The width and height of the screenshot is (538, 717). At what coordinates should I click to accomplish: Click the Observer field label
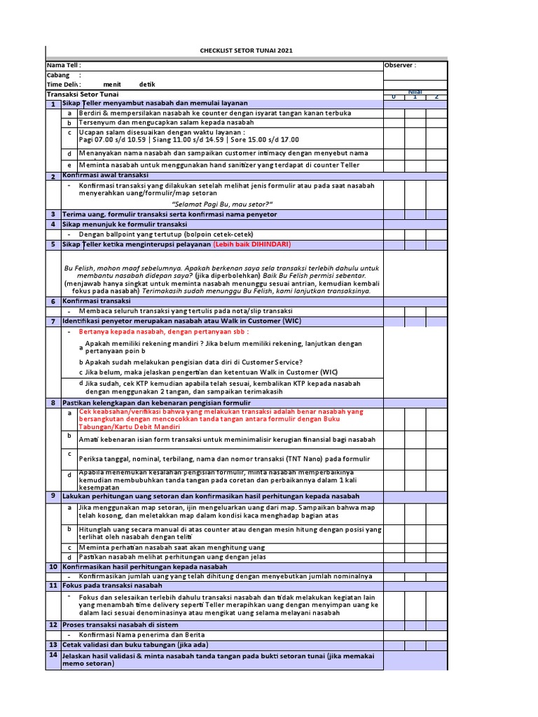click(x=400, y=65)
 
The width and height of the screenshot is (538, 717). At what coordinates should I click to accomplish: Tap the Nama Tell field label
click(x=64, y=65)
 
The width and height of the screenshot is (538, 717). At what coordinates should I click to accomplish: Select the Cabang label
click(x=58, y=75)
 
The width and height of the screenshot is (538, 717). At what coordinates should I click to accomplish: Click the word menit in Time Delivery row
click(x=112, y=85)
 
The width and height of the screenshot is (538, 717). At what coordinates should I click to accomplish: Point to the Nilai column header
click(x=415, y=92)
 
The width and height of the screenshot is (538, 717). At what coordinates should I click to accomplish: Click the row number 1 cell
click(x=53, y=104)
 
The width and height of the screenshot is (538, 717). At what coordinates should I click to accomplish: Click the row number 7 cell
click(x=53, y=321)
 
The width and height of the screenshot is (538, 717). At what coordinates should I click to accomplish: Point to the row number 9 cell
click(x=53, y=496)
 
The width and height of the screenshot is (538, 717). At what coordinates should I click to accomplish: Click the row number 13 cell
click(x=53, y=644)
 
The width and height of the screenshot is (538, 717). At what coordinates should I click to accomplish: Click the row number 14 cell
click(x=53, y=655)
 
